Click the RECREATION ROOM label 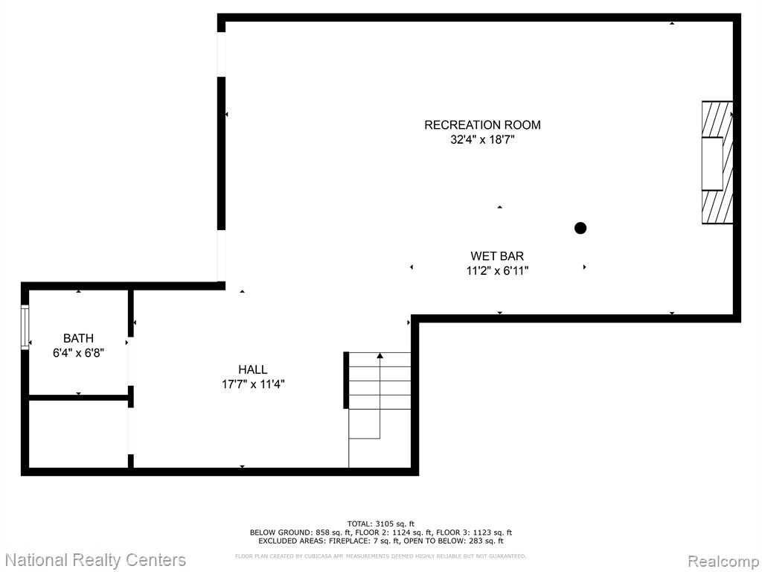pyautogui.click(x=482, y=125)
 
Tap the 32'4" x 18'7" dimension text pyautogui.click(x=482, y=140)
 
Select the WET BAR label pyautogui.click(x=497, y=256)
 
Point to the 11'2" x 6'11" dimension pyautogui.click(x=497, y=271)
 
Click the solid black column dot pyautogui.click(x=580, y=228)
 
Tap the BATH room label pyautogui.click(x=78, y=338)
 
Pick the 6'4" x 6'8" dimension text pyautogui.click(x=78, y=352)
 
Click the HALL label pyautogui.click(x=253, y=369)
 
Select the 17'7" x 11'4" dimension pyautogui.click(x=253, y=384)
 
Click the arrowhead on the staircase pyautogui.click(x=380, y=356)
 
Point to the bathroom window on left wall pyautogui.click(x=25, y=327)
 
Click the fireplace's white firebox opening pyautogui.click(x=712, y=164)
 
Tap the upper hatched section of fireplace pyautogui.click(x=717, y=120)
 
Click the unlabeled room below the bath pyautogui.click(x=78, y=434)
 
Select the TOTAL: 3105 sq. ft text pyautogui.click(x=380, y=524)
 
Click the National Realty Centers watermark pyautogui.click(x=95, y=560)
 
